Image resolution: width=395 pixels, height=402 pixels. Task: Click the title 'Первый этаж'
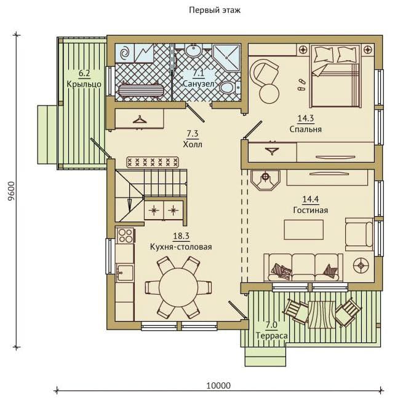coord(215,10)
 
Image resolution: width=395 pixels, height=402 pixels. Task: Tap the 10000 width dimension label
coord(218,385)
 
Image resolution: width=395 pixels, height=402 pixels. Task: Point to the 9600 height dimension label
coord(11,191)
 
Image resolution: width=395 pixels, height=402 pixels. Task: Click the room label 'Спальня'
coord(306,129)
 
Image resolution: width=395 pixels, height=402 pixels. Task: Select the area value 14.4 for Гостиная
coord(311,199)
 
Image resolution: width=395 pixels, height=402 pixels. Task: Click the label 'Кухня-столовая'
coord(181,247)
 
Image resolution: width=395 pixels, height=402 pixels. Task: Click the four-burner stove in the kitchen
coord(125,235)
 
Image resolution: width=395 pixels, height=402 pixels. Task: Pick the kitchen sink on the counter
coord(125,273)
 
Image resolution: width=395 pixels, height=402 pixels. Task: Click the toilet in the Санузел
coord(229,87)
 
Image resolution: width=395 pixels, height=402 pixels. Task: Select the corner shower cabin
coord(226,58)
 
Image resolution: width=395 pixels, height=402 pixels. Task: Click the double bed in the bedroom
coord(335,76)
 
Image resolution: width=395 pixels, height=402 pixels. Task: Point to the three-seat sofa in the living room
coord(303,268)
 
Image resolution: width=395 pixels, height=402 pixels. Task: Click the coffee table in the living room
coord(304,230)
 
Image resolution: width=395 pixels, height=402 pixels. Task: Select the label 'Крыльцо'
coord(84,84)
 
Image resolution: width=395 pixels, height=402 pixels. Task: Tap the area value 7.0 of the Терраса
coord(271,325)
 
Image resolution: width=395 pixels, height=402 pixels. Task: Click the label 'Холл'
coord(193,144)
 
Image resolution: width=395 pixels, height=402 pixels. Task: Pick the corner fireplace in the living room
coord(265,180)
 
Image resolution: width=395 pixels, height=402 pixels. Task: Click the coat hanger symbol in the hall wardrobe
coord(140,120)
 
